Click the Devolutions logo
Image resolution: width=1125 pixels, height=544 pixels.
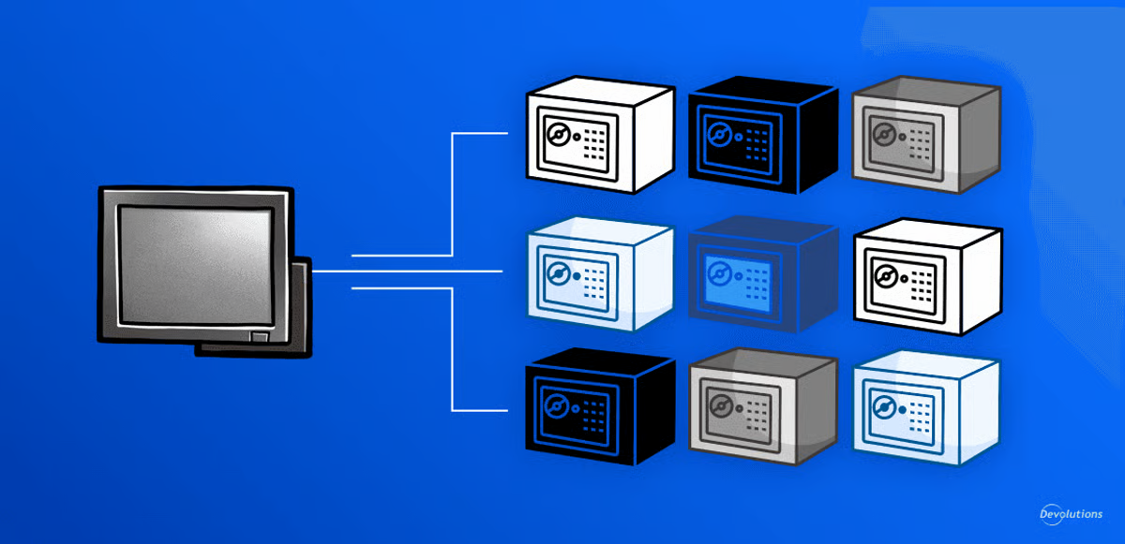pyautogui.click(x=1071, y=514)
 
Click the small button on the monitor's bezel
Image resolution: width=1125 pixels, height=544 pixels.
pyautogui.click(x=259, y=335)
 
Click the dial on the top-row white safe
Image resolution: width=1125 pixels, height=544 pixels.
pyautogui.click(x=556, y=136)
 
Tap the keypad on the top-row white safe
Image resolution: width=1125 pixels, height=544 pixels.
pyautogui.click(x=594, y=142)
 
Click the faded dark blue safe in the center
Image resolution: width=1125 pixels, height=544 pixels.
pyautogui.click(x=761, y=276)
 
